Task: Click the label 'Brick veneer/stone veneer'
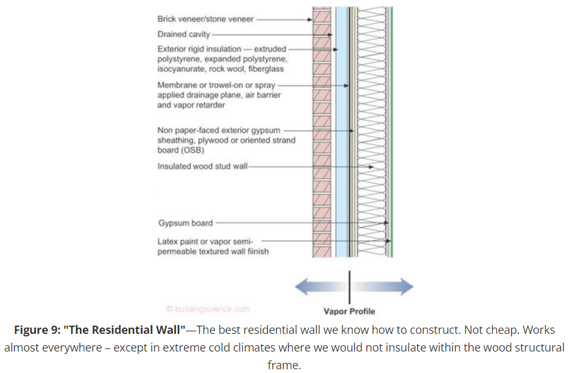(x=205, y=20)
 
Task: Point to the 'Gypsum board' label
(x=185, y=223)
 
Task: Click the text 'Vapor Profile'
(x=349, y=311)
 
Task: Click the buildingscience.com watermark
(x=208, y=309)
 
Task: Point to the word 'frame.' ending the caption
(x=287, y=365)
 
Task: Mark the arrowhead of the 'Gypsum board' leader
(x=386, y=223)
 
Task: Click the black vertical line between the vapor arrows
(x=349, y=287)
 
